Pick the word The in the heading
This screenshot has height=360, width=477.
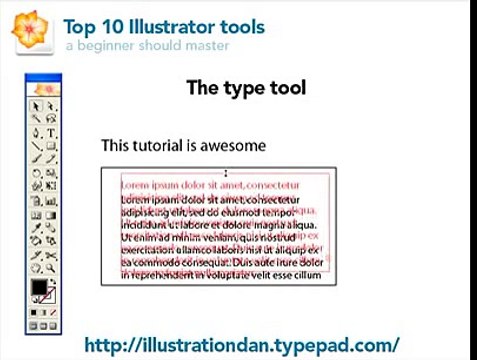(202, 88)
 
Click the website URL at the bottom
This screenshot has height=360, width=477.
(242, 344)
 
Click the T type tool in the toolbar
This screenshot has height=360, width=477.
(51, 132)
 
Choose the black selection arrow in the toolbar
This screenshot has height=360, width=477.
(38, 106)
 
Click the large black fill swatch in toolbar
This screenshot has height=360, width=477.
(38, 288)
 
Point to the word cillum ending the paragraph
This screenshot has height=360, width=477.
(309, 275)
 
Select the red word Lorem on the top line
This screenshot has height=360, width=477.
(137, 185)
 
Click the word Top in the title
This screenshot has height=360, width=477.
(79, 27)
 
